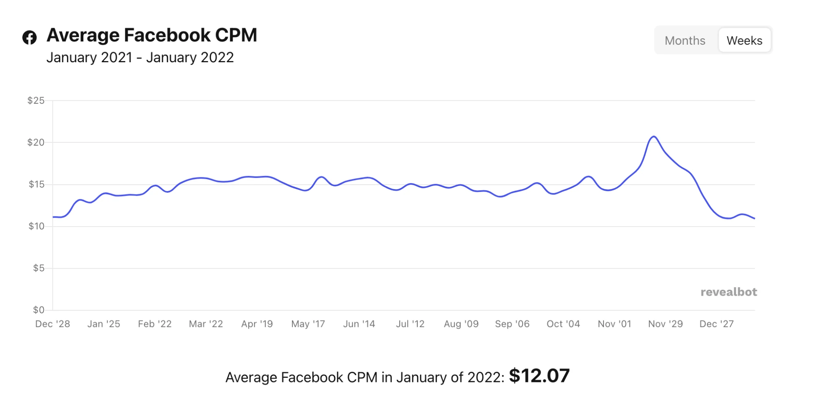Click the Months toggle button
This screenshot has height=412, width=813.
pos(685,41)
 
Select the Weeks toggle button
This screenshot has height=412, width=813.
pos(744,41)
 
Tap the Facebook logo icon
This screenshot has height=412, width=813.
pos(29,37)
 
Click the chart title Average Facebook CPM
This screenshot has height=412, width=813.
pos(152,35)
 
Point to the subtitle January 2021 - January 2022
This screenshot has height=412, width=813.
pos(140,58)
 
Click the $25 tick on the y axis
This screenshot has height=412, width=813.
pos(36,100)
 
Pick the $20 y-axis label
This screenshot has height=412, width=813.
pos(36,142)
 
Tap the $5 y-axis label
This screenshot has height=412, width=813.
pos(39,268)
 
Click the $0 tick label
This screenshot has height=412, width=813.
pos(39,310)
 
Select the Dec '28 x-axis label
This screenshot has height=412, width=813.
pos(52,324)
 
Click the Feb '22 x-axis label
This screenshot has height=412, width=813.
pos(155,324)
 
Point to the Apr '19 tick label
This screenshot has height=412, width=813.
pos(257,324)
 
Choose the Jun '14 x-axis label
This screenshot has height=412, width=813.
pos(359,324)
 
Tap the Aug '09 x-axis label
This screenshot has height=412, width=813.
pos(461,324)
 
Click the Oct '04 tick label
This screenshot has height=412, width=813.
pos(563,324)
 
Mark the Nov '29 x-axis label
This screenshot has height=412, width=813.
pos(665,324)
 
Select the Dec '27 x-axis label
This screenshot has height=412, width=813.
pos(716,324)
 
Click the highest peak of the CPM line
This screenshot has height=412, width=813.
pos(654,137)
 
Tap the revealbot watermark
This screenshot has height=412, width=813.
pos(728,292)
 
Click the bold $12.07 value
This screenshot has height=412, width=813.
pos(539,376)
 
